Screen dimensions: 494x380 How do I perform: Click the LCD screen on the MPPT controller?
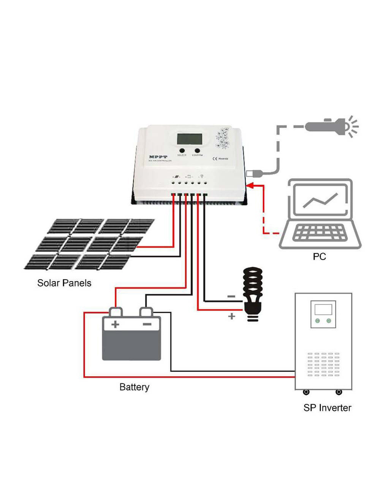[189, 139]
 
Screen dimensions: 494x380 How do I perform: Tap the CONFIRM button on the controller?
[197, 151]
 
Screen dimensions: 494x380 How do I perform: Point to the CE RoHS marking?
[220, 158]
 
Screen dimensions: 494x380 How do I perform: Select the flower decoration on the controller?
[223, 137]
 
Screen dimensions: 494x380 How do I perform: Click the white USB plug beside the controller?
[251, 174]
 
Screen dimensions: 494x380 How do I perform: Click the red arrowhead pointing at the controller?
[250, 185]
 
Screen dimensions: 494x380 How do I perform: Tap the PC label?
[319, 256]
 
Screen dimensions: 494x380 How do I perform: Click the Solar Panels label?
[64, 283]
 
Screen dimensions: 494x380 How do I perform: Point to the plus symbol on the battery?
[115, 324]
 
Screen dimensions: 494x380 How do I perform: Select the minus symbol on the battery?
[147, 324]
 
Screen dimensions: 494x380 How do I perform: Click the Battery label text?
[134, 387]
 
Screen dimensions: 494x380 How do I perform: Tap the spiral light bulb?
[253, 293]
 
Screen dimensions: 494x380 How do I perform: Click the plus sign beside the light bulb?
[231, 316]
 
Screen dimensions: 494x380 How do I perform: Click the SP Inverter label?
[327, 408]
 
